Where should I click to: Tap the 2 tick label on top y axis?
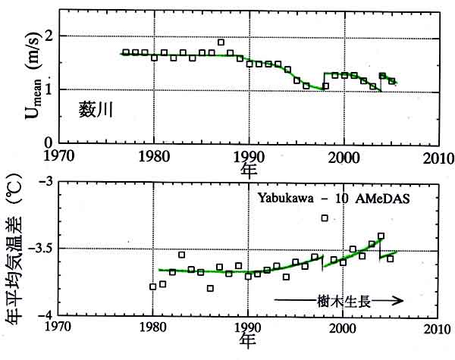[x=49, y=36]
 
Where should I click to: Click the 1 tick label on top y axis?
[x=49, y=89]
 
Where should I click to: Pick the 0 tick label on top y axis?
[x=49, y=142]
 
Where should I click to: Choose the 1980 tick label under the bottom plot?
[x=153, y=329]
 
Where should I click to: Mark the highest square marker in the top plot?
[x=221, y=42]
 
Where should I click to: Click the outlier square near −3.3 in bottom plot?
[x=325, y=218]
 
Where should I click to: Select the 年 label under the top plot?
[x=249, y=170]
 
